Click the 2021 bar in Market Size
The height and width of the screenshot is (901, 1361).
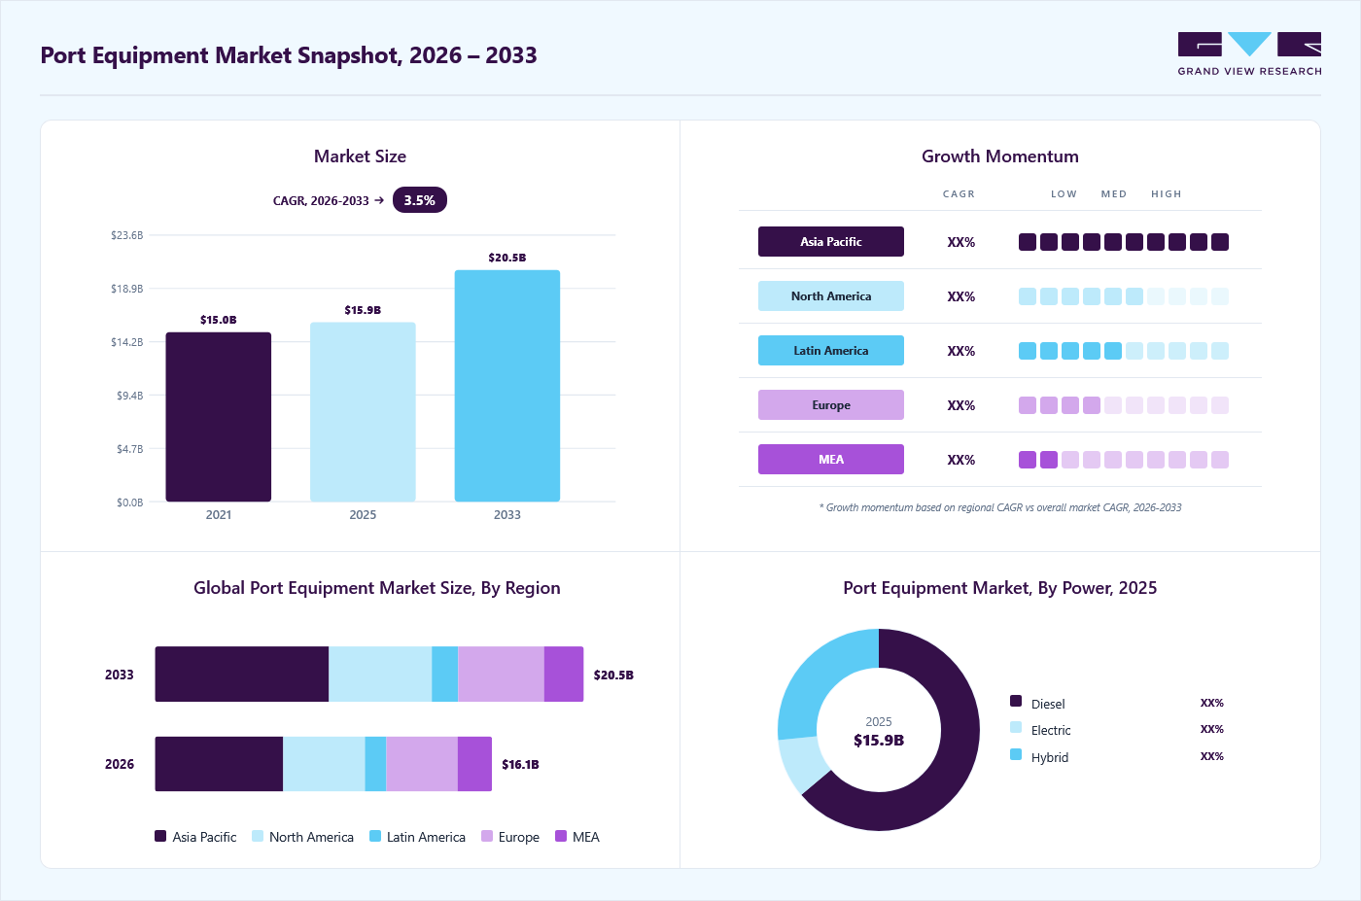click(218, 417)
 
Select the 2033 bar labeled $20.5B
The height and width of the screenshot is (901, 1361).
click(507, 386)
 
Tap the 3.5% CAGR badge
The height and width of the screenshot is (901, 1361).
click(420, 200)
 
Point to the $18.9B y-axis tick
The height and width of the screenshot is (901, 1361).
click(127, 289)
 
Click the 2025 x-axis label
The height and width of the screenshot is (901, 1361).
click(363, 514)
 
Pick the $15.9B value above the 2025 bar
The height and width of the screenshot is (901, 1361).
click(363, 310)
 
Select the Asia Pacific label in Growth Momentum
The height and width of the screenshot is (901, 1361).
click(830, 242)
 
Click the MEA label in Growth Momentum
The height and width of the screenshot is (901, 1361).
click(830, 460)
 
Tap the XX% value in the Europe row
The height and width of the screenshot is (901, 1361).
click(960, 405)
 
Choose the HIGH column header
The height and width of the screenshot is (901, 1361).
click(1166, 193)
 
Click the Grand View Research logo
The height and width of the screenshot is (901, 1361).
click(1249, 54)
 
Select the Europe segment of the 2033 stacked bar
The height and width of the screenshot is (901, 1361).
click(501, 674)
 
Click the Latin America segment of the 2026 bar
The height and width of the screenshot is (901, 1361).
click(375, 764)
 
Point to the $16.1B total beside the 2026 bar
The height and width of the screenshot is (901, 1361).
click(520, 764)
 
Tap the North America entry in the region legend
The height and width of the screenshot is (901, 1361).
click(302, 837)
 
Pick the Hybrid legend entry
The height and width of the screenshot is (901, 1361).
click(1039, 756)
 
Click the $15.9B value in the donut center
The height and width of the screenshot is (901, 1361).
click(879, 740)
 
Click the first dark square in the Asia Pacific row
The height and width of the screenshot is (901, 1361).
click(1028, 242)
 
